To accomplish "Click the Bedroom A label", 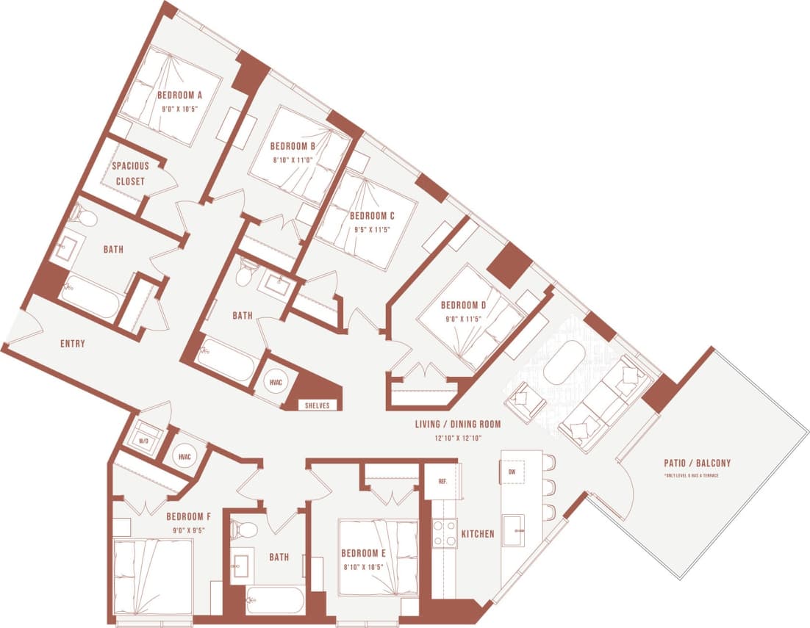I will tap(179, 95).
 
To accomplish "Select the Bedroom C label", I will tap(372, 216).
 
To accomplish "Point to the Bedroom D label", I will tap(463, 305).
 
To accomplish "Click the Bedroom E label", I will tap(363, 553).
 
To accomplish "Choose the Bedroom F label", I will tap(189, 516).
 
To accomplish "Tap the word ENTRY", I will tap(73, 343).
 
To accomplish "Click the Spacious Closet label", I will tap(130, 173).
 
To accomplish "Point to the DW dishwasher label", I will tap(512, 472).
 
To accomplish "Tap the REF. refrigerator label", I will tap(442, 482).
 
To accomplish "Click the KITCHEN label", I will tap(478, 534).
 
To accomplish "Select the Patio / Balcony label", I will tap(697, 463).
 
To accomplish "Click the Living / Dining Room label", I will tap(457, 424).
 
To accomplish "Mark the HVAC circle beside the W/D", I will tap(184, 457).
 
